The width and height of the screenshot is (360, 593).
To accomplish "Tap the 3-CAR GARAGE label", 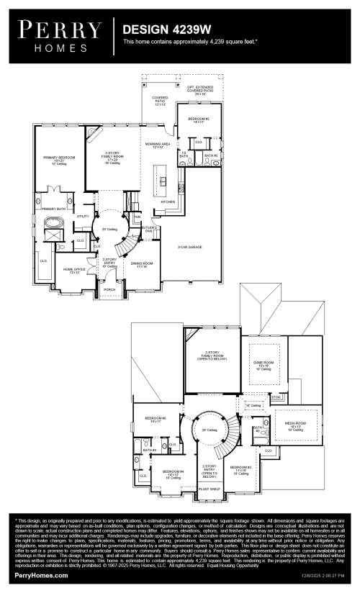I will click(190, 247).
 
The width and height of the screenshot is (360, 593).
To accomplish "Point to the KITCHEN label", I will click(168, 202).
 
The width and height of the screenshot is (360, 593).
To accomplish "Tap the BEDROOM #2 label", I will click(199, 119).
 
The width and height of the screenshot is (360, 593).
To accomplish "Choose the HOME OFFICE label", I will click(74, 271).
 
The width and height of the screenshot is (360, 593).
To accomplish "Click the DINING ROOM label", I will click(139, 264).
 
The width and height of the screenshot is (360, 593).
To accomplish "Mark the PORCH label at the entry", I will click(109, 290).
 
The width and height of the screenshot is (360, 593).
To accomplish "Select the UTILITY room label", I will click(82, 216).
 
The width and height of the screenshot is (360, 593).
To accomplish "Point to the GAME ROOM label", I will click(261, 363).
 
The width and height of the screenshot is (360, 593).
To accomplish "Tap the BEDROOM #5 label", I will click(156, 419).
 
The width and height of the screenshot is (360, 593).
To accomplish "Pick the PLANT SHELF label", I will click(210, 489).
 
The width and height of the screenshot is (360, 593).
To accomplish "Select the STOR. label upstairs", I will click(275, 397).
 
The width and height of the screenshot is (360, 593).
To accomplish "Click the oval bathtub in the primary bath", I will click(53, 224).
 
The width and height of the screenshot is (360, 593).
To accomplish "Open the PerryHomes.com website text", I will click(42, 576).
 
